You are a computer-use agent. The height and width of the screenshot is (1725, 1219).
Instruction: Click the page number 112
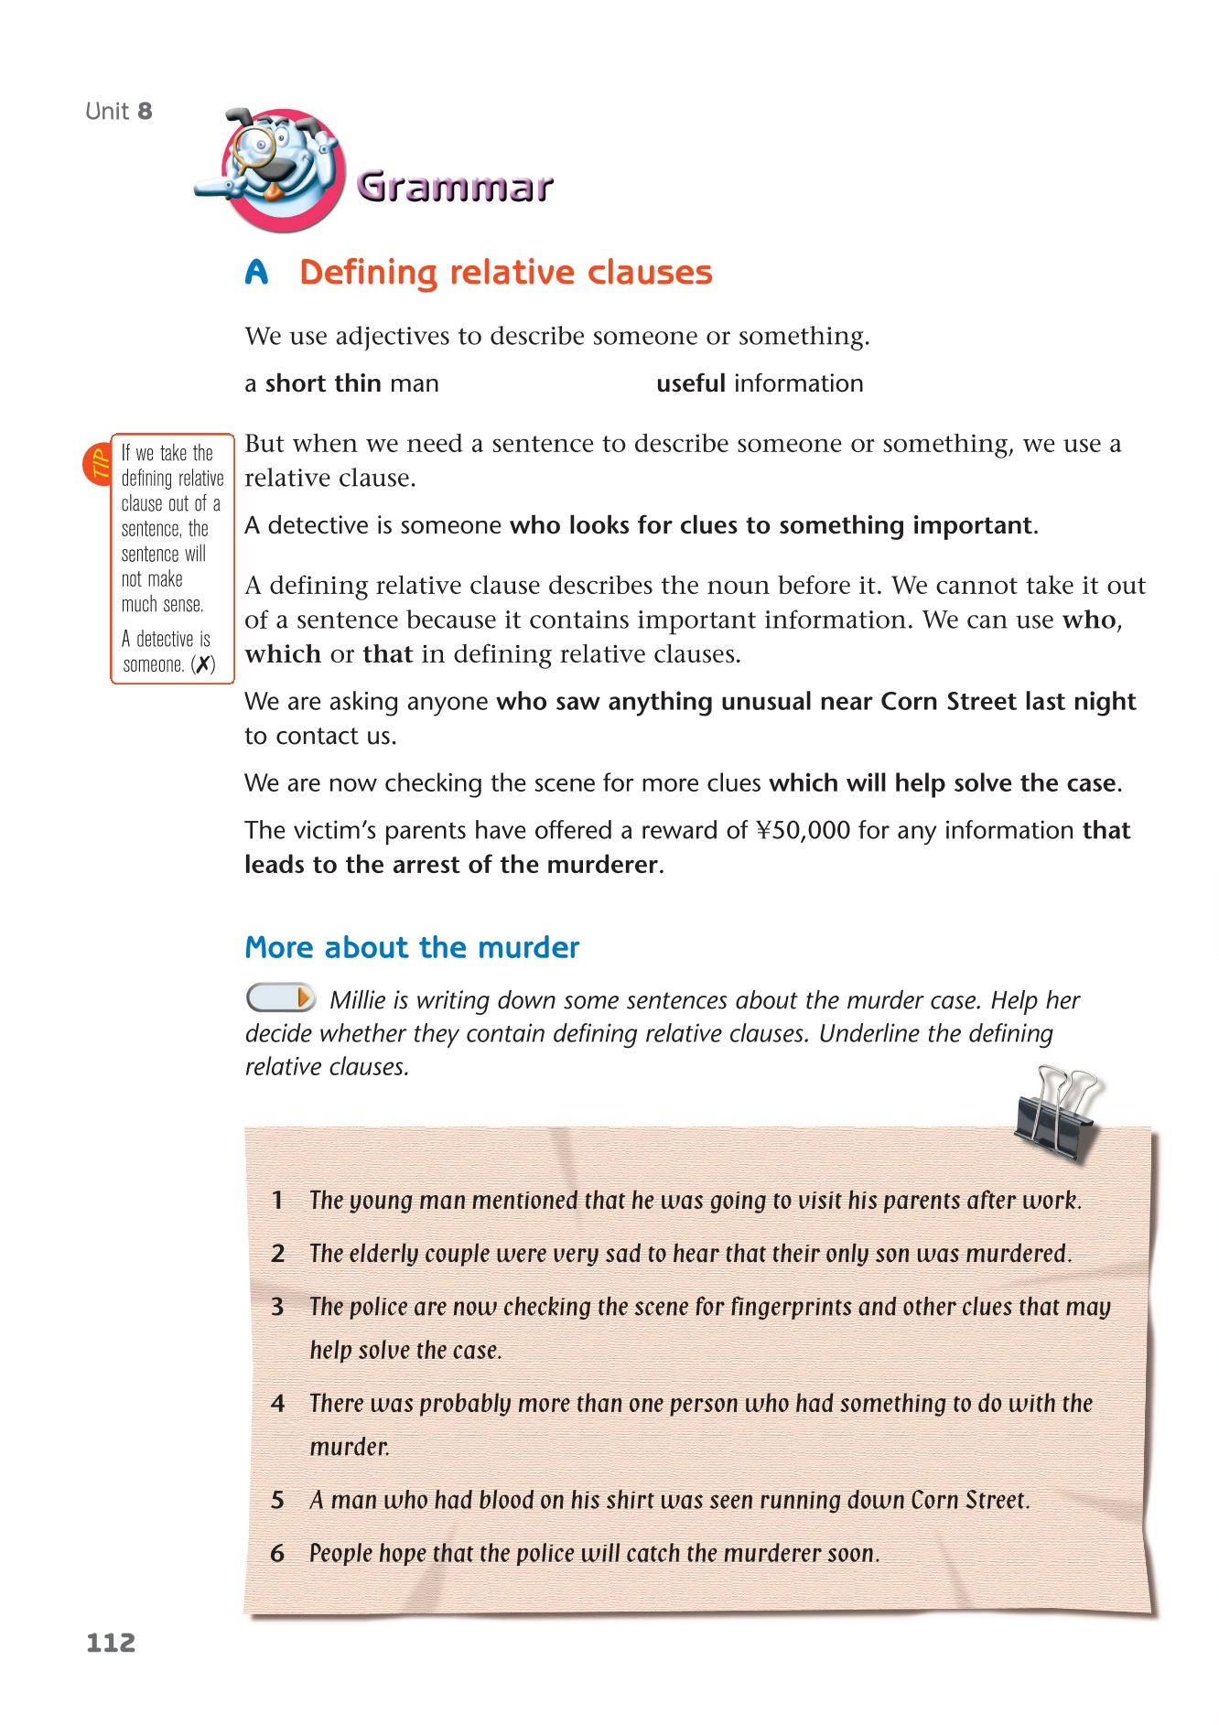pyautogui.click(x=111, y=1643)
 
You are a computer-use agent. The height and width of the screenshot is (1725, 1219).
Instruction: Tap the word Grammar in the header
pyautogui.click(x=455, y=187)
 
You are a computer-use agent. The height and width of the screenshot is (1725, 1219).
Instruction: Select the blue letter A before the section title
pyautogui.click(x=257, y=273)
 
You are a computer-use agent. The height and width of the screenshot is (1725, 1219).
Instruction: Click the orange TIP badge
pyautogui.click(x=98, y=464)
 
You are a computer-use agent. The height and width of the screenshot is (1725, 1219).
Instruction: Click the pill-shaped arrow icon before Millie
pyautogui.click(x=281, y=997)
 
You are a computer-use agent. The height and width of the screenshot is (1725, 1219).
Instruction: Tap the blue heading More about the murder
pyautogui.click(x=412, y=947)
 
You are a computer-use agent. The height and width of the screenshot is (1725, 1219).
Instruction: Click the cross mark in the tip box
pyautogui.click(x=203, y=665)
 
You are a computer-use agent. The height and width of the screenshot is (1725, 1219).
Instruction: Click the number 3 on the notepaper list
pyautogui.click(x=277, y=1307)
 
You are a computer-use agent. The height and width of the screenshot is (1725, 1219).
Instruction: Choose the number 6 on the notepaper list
pyautogui.click(x=277, y=1553)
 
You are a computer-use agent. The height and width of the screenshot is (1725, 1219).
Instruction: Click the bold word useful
pyautogui.click(x=691, y=383)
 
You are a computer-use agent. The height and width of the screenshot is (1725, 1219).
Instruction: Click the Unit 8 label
pyautogui.click(x=119, y=112)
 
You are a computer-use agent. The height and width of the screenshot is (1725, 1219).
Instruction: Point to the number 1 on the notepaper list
pyautogui.click(x=277, y=1201)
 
